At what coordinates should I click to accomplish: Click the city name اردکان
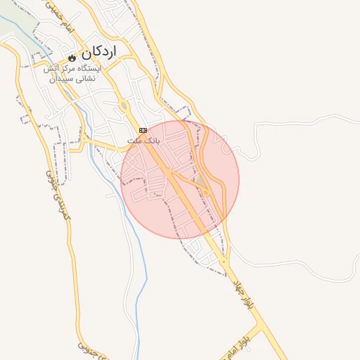98,53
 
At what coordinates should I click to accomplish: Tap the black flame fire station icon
72,56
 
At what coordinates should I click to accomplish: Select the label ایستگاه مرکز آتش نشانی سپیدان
72,74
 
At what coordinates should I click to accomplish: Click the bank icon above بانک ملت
143,130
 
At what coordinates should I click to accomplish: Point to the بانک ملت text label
143,141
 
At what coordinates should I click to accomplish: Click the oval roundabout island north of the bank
124,106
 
